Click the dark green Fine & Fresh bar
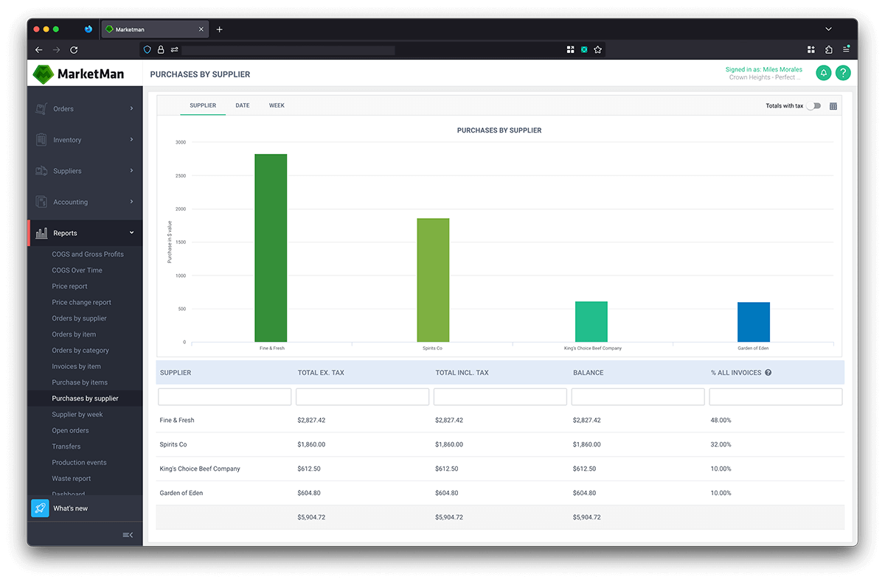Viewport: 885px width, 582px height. (x=271, y=248)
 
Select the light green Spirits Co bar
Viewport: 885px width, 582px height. (x=433, y=280)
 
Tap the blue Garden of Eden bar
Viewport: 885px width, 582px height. (x=753, y=322)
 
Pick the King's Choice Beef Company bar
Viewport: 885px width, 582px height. (x=591, y=321)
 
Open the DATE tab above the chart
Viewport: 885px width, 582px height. (x=243, y=105)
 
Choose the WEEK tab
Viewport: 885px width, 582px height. (x=277, y=105)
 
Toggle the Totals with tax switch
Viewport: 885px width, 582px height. (x=813, y=106)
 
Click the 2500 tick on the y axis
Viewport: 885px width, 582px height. (x=181, y=175)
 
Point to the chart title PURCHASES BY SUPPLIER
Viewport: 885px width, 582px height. (x=499, y=130)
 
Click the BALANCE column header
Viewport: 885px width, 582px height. (x=588, y=373)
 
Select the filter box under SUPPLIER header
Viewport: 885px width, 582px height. (x=225, y=397)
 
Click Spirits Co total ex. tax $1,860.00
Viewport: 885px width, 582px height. (x=311, y=444)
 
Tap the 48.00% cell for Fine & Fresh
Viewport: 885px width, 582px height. (x=721, y=420)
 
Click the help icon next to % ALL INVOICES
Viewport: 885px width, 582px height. (x=768, y=373)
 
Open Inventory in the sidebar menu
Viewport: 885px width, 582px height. (x=67, y=140)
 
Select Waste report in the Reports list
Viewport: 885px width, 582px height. (x=72, y=478)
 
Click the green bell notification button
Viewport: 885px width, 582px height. (x=823, y=73)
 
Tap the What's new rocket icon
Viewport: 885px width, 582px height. (x=40, y=508)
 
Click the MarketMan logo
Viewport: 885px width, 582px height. (x=78, y=74)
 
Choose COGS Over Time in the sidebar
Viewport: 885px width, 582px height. (x=77, y=270)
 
